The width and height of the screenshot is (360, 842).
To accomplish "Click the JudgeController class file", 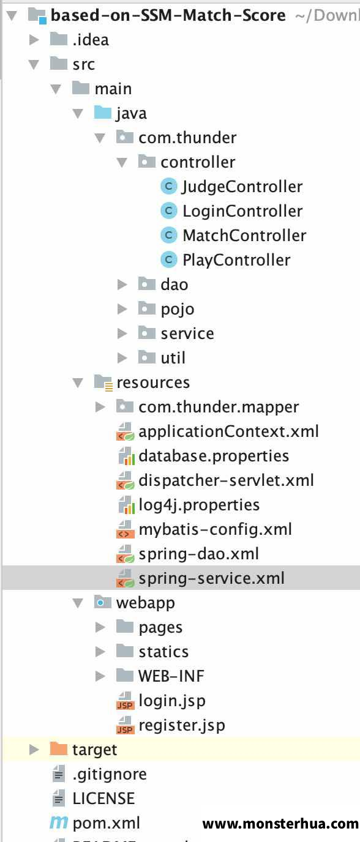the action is (242, 187).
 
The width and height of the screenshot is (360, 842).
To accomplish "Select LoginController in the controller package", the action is (242, 211).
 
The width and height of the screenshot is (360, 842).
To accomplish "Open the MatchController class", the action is (244, 236).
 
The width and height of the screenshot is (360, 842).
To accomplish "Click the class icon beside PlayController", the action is (168, 259).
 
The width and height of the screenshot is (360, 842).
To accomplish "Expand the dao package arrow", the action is (122, 285).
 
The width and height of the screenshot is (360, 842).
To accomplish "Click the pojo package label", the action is (178, 310).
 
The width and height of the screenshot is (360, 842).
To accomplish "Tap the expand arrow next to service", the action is (122, 333).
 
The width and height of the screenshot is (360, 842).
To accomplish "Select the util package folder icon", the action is (146, 357).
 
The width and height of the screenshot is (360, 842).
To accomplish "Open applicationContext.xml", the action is (229, 431).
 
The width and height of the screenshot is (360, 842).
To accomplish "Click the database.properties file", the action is (214, 456).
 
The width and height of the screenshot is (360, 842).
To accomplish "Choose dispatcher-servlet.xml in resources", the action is (226, 480).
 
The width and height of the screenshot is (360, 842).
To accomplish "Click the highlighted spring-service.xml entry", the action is (211, 578).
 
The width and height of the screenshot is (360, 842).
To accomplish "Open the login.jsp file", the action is (172, 701).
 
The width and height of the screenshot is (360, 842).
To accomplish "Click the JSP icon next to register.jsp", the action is (126, 726).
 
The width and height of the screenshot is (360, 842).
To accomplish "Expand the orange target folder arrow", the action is (34, 750).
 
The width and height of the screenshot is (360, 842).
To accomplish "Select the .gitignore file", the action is (110, 774).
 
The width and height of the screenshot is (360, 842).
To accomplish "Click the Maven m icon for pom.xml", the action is (59, 822).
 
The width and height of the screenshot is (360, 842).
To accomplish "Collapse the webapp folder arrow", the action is (78, 603).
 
